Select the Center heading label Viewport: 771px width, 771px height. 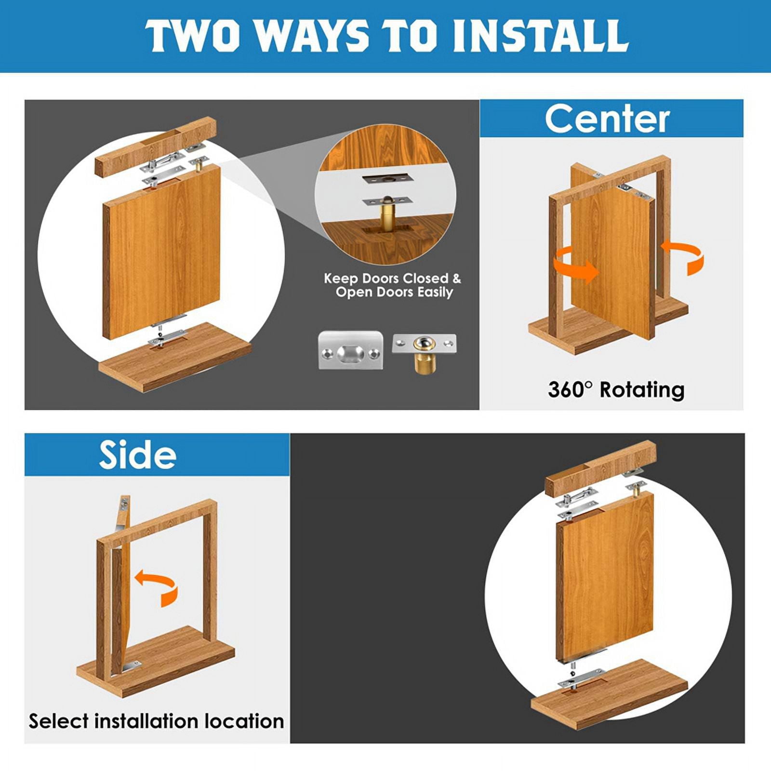point(607,119)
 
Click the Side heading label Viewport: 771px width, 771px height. point(138,455)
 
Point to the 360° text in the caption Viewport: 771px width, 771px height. point(570,389)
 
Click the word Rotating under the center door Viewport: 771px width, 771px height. point(642,390)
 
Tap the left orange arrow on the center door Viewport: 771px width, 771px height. point(576,264)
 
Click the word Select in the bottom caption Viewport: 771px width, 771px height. point(59,721)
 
